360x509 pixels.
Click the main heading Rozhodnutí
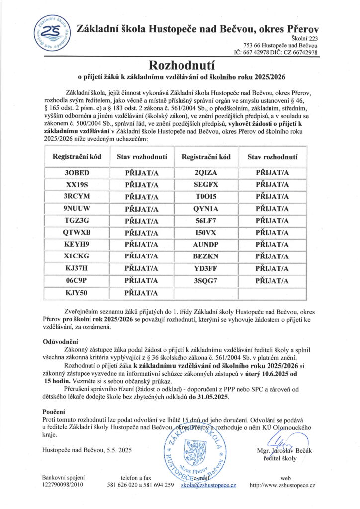180,65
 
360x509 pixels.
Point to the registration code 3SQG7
206,280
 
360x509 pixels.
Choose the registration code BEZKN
206,256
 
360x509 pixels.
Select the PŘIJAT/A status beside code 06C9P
141,280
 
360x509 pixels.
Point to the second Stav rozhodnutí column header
272,157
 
